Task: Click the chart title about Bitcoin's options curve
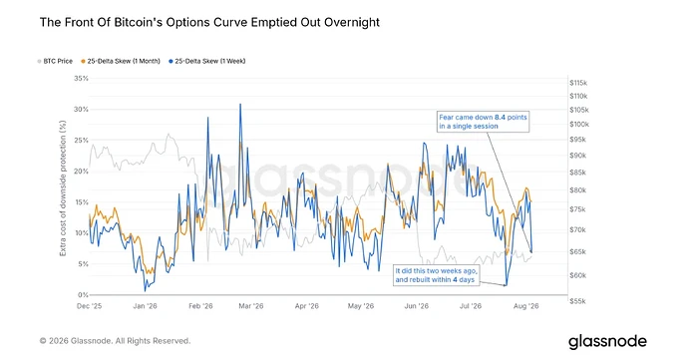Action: [209, 22]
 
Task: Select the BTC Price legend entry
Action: [55, 61]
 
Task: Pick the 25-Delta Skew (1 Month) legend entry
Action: [121, 61]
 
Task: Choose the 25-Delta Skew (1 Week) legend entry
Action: [207, 61]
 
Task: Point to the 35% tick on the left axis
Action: [81, 79]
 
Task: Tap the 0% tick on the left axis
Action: [83, 294]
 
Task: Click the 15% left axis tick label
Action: [81, 202]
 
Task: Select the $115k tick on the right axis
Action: [578, 83]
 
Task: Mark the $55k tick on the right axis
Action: [577, 301]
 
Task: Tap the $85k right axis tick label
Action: [577, 173]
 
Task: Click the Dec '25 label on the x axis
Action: [89, 306]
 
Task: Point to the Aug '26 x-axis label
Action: [525, 306]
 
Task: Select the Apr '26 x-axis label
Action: [307, 306]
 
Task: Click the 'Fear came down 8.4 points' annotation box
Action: [483, 122]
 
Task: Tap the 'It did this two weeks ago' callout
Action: [436, 275]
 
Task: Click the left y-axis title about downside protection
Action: [63, 188]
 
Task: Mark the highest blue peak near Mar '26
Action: [240, 104]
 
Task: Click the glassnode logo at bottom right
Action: [607, 342]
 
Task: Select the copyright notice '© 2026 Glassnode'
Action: [115, 341]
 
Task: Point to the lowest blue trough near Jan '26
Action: [145, 290]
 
